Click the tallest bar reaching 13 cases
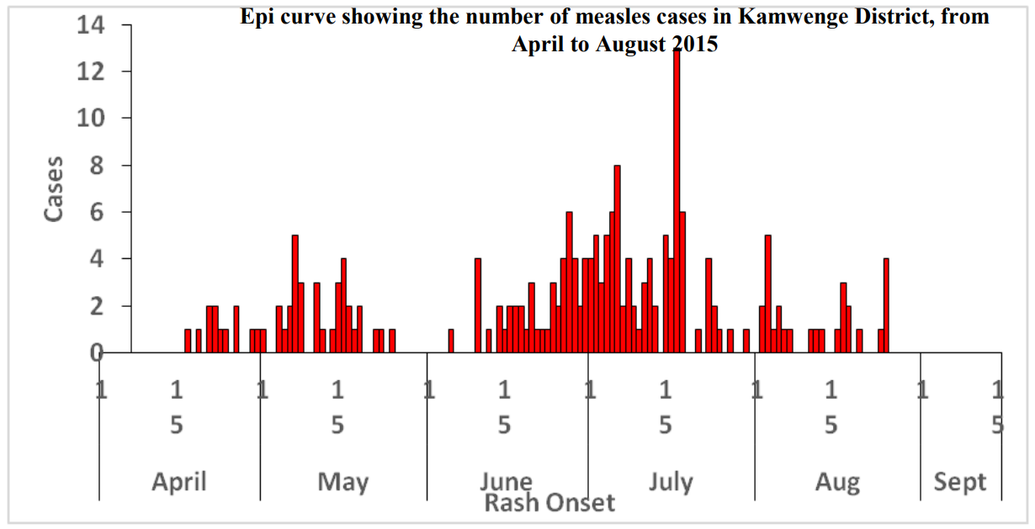tap(677, 202)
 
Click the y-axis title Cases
tap(54, 188)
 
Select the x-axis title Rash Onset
tap(549, 504)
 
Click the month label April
tap(179, 482)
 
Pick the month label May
tap(342, 482)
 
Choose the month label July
tap(671, 482)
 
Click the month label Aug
tap(837, 482)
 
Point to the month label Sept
tap(960, 482)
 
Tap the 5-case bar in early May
tap(295, 294)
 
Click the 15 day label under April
tap(177, 407)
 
